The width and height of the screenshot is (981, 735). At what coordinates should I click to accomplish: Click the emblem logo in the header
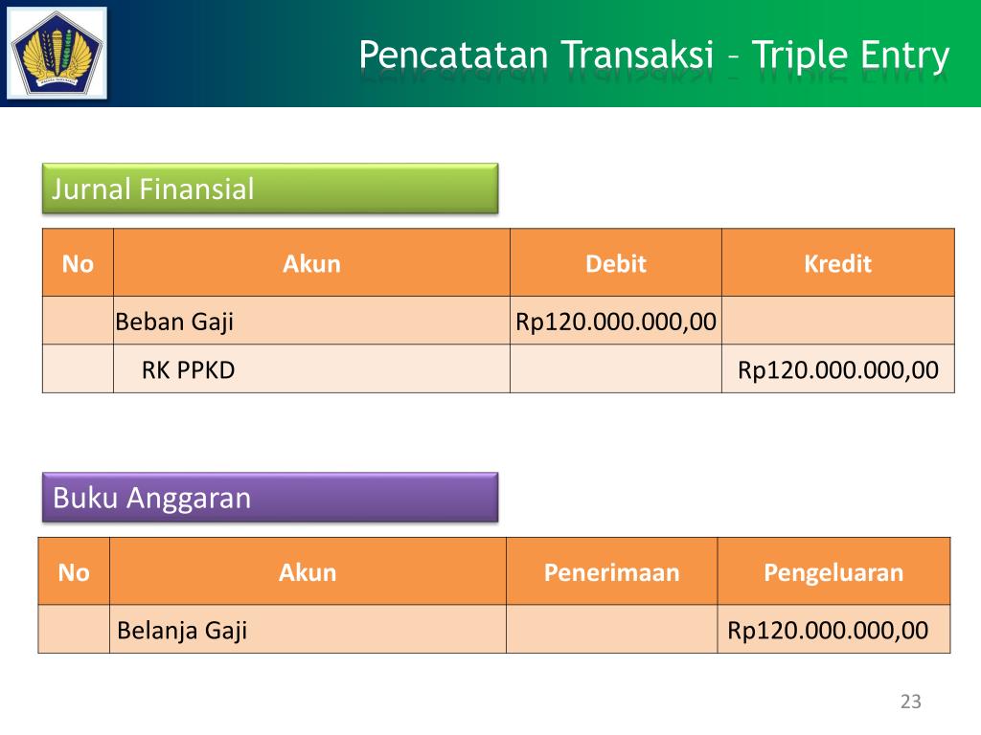click(x=58, y=54)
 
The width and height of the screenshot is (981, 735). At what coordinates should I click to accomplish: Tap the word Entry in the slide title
click(x=901, y=55)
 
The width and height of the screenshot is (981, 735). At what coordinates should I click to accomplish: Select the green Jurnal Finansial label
click(x=270, y=189)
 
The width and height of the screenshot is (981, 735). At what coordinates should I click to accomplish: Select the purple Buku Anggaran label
click(x=270, y=498)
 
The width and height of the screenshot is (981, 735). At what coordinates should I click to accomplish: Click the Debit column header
click(x=616, y=263)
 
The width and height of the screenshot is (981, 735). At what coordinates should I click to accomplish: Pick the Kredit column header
click(x=837, y=263)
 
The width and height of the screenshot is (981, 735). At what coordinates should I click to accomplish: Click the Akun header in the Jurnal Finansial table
click(x=311, y=263)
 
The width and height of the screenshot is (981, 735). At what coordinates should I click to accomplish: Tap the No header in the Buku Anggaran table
click(x=74, y=572)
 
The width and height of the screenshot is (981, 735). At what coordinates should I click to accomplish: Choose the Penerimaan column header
click(x=611, y=572)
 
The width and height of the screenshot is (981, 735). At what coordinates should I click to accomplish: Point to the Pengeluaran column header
click(x=833, y=572)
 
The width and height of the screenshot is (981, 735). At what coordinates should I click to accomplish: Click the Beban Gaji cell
click(x=174, y=322)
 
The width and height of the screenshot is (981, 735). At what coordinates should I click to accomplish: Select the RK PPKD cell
click(x=188, y=369)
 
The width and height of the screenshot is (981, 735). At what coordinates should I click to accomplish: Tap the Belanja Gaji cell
click(x=182, y=630)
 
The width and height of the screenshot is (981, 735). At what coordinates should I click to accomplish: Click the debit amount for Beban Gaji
click(x=616, y=322)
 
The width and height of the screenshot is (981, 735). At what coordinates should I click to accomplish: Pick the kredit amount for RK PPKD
click(x=838, y=369)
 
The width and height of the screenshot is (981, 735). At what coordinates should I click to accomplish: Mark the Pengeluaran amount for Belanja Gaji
click(x=828, y=630)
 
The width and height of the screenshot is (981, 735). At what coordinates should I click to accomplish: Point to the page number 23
click(x=910, y=702)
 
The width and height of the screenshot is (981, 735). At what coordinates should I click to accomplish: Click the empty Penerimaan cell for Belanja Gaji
click(x=611, y=630)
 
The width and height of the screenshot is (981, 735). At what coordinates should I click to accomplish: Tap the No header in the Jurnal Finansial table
click(x=78, y=263)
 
